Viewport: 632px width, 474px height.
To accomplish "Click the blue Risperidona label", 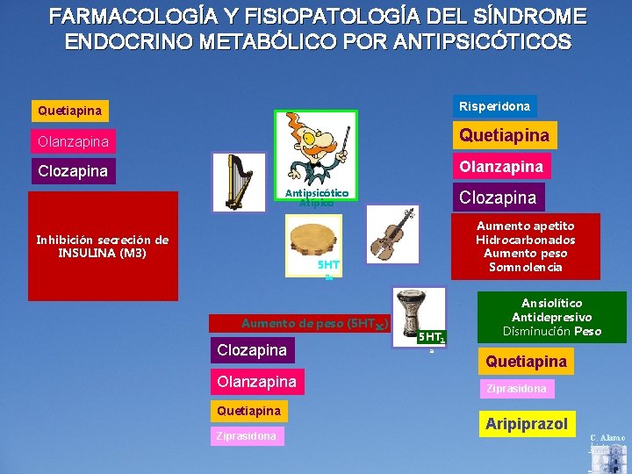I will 494,106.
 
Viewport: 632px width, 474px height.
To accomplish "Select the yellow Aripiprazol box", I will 526,423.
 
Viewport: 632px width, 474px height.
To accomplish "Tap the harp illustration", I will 238,182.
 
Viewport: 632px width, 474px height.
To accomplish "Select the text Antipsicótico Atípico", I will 317,197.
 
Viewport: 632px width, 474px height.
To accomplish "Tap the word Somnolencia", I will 525,267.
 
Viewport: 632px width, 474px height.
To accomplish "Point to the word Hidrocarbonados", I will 525,240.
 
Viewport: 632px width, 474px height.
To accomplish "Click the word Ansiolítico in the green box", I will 551,303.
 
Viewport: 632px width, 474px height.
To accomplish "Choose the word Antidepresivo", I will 551,317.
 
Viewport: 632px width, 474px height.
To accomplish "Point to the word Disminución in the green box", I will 536,331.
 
